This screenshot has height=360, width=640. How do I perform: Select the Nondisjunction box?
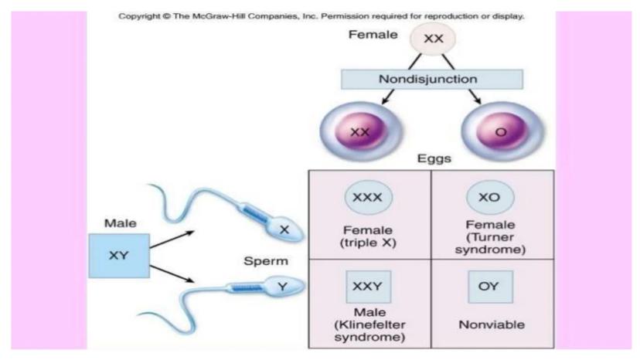coord(428,79)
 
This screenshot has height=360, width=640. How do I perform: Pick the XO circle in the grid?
coord(490,197)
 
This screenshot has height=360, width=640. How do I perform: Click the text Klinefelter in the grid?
coord(369,325)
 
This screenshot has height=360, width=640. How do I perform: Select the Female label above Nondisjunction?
coord(373,35)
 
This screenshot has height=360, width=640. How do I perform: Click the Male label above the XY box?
coord(119,222)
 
